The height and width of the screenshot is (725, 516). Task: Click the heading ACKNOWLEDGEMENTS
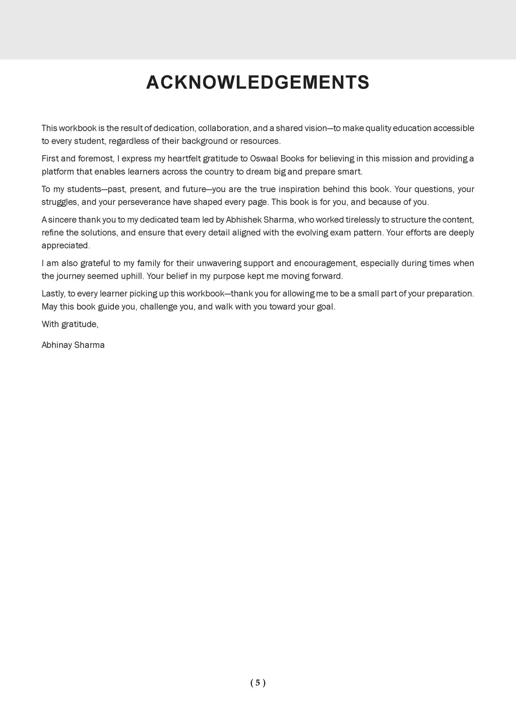[x=257, y=83]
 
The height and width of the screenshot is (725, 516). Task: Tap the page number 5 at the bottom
[x=257, y=683]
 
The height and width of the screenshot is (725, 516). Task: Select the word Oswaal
[x=264, y=159]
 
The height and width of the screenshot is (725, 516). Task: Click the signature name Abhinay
[x=56, y=345]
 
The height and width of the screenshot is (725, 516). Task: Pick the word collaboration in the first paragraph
[x=221, y=128]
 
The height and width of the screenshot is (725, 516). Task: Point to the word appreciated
[x=65, y=246]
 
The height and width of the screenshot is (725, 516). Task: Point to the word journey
[x=70, y=276]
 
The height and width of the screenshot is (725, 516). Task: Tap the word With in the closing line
[x=50, y=324]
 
